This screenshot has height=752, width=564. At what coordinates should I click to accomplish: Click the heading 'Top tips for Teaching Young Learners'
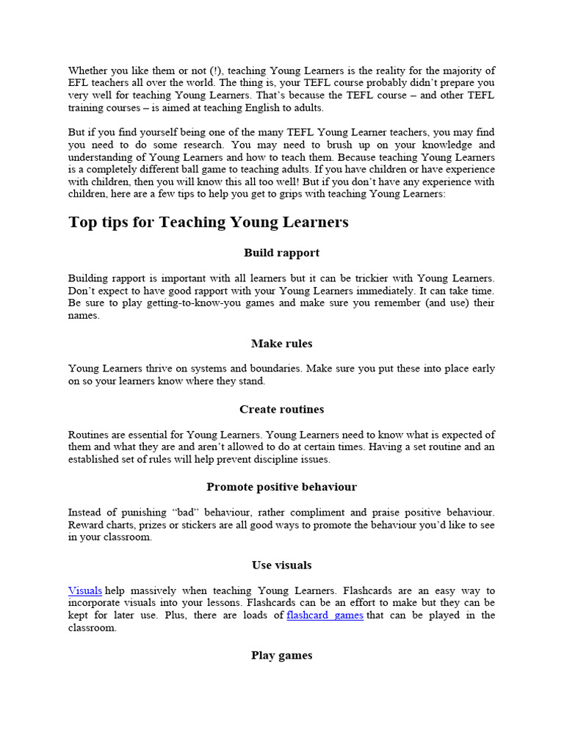(209, 222)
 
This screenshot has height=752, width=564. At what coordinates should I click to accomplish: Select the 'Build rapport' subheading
(282, 253)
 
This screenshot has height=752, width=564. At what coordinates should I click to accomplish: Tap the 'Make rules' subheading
(282, 344)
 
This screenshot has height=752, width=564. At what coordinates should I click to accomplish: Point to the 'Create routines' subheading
(282, 409)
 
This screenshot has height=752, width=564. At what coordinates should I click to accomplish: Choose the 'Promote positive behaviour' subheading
(282, 487)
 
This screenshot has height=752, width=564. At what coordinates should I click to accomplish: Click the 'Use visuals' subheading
(282, 565)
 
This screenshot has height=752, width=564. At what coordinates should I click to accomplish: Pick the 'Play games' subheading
(282, 655)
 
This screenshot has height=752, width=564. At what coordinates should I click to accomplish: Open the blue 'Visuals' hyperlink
(85, 590)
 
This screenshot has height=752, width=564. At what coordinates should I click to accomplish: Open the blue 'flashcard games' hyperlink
(325, 615)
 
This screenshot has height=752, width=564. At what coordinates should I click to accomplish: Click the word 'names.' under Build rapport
(84, 315)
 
